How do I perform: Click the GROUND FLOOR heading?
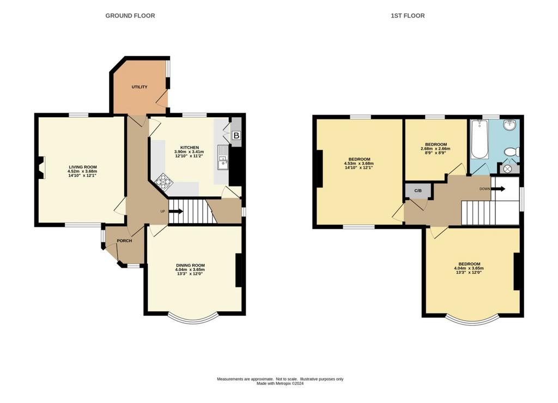130,16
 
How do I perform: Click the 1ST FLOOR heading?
408,16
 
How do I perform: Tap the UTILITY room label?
139,87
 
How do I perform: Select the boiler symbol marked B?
236,135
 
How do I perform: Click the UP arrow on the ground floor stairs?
176,212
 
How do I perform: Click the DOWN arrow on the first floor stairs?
498,189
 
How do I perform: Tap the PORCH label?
125,240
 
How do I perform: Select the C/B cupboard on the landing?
418,191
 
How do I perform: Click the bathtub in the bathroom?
479,139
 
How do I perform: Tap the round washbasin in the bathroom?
510,124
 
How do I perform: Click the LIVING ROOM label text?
83,167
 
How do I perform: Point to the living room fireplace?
41,167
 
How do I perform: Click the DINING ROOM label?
190,265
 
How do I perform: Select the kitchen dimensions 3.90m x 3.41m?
189,152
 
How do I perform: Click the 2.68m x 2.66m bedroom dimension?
435,149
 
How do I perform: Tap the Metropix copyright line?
280,383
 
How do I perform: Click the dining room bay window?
192,320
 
